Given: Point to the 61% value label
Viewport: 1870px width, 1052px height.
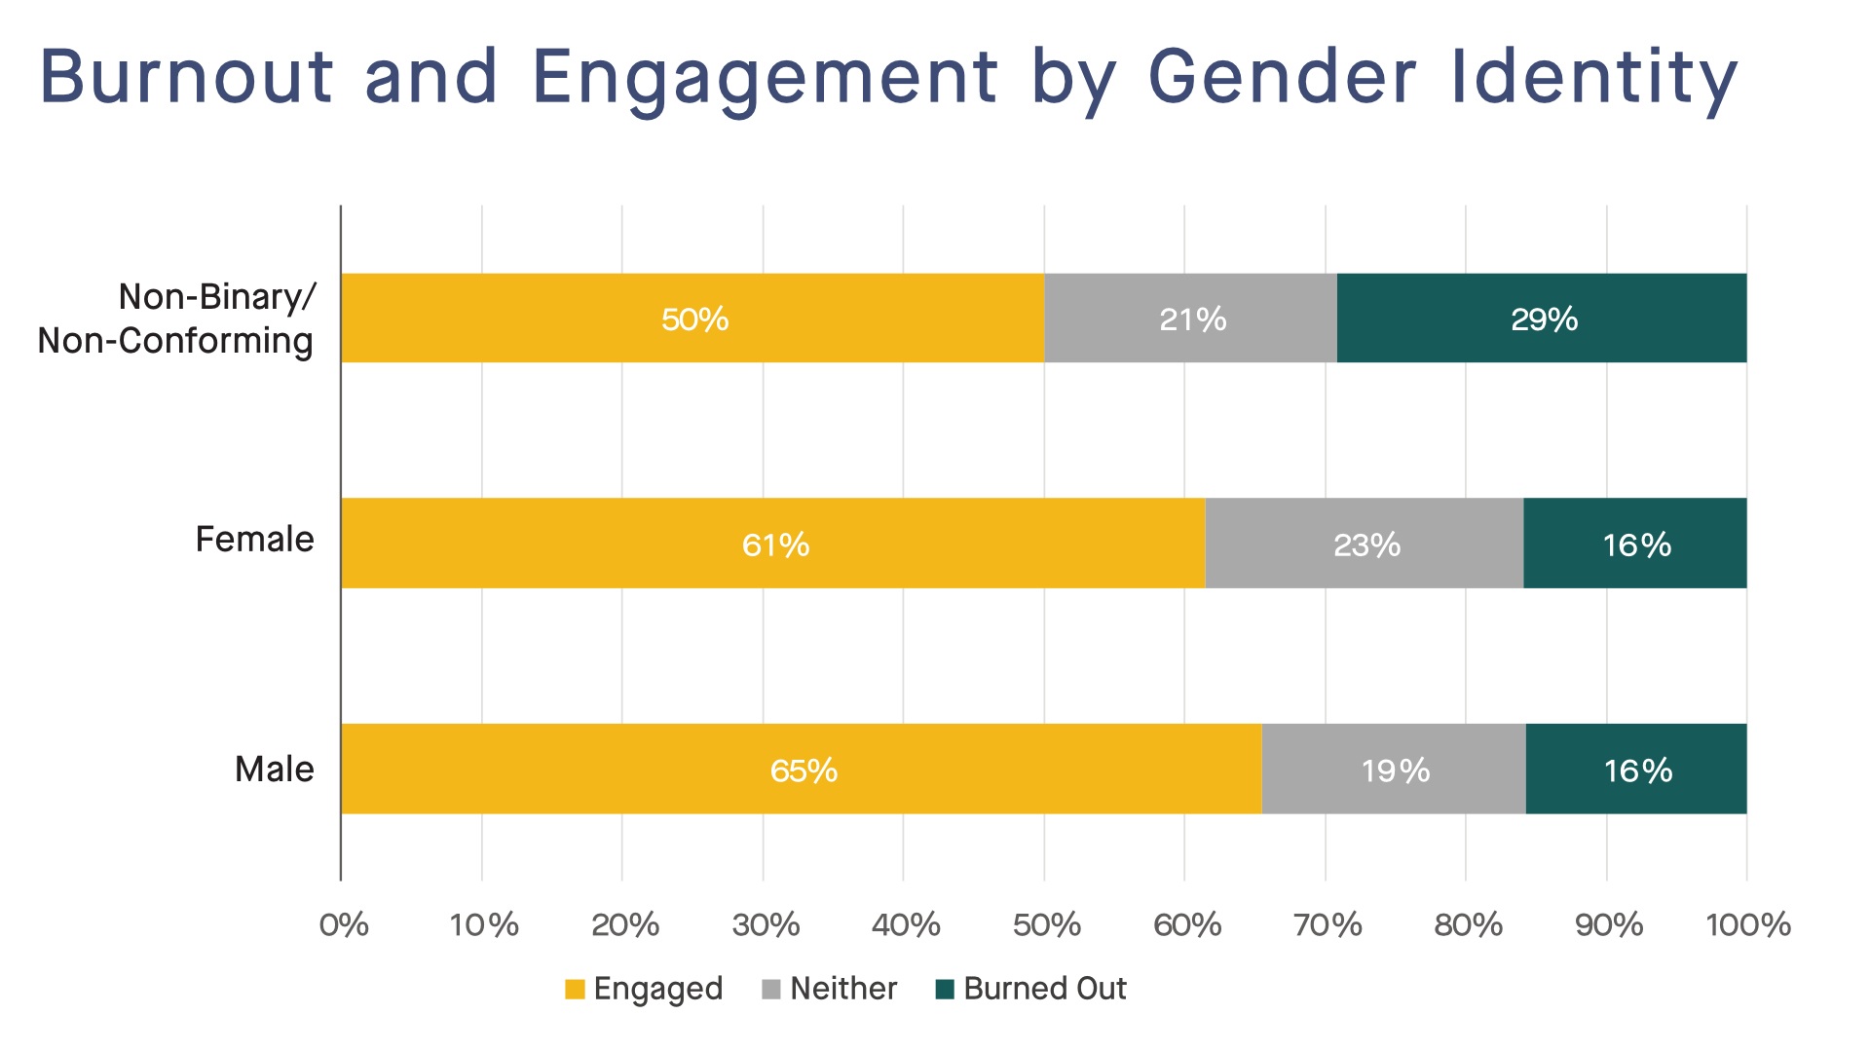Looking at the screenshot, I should (x=775, y=545).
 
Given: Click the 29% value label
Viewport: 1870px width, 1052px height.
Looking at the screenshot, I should (x=1544, y=319).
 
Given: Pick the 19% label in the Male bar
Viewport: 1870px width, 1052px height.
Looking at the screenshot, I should (x=1395, y=770).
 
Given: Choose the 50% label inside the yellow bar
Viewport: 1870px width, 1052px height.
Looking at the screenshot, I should (x=694, y=319).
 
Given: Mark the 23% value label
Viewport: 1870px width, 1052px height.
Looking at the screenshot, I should (x=1366, y=545).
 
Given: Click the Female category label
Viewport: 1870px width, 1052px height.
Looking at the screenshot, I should (x=254, y=539).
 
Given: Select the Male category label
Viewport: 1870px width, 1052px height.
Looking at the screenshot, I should (x=274, y=769).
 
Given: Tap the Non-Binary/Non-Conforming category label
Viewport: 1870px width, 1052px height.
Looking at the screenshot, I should (x=176, y=319).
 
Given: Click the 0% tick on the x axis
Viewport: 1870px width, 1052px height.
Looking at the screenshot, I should (x=344, y=924).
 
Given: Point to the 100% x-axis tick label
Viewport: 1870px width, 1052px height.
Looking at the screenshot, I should (x=1748, y=924).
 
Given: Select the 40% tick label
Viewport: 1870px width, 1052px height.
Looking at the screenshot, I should (x=906, y=924).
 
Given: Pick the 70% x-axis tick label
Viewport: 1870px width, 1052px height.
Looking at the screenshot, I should (x=1328, y=924).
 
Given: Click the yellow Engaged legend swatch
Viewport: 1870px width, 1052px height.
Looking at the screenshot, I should (x=575, y=990).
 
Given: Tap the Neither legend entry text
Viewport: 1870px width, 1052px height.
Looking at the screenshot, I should (x=843, y=989).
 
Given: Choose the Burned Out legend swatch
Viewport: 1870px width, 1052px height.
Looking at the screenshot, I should (x=945, y=990).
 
